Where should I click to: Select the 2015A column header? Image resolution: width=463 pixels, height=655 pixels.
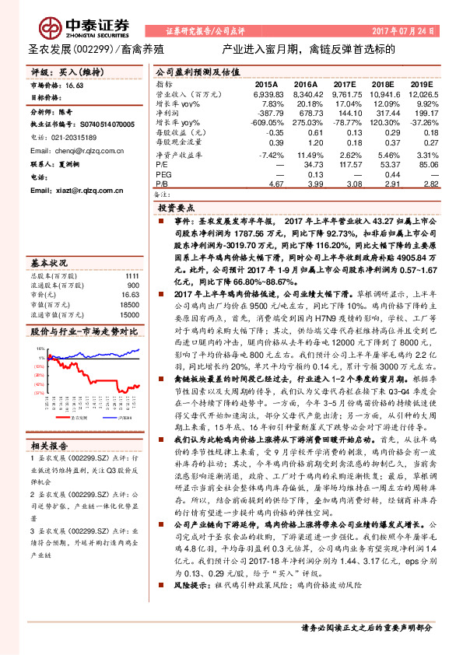(x=266, y=83)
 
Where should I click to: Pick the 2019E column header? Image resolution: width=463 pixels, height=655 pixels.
(x=422, y=83)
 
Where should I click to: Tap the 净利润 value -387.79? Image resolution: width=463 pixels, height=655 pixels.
(x=266, y=114)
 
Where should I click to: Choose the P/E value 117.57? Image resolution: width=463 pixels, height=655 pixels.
(x=348, y=165)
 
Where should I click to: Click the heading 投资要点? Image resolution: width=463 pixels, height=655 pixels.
(x=177, y=209)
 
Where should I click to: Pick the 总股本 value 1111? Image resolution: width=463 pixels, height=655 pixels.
(x=132, y=276)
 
